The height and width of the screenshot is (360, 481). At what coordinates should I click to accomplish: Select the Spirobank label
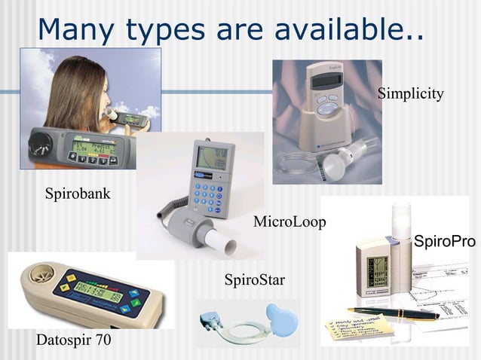click(x=78, y=194)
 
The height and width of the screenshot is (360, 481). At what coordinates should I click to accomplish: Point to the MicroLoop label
click(x=289, y=222)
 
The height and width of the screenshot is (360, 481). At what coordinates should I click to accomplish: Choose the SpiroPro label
click(x=445, y=242)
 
